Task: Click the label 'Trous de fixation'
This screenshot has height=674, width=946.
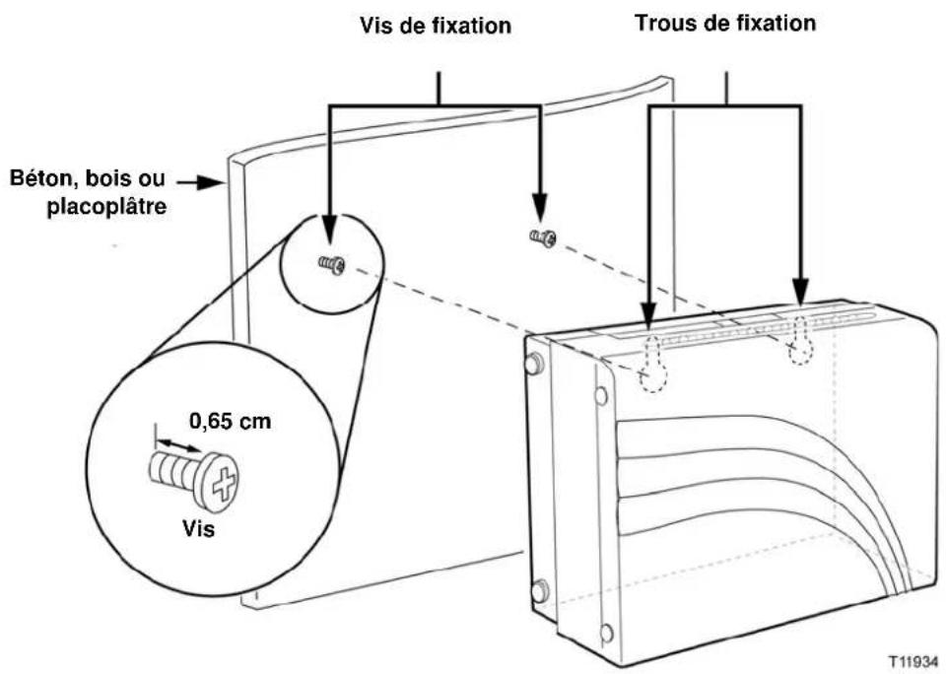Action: (x=726, y=23)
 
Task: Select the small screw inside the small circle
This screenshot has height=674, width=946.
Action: (x=331, y=265)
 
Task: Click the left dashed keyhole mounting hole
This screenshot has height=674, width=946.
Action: (x=649, y=365)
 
